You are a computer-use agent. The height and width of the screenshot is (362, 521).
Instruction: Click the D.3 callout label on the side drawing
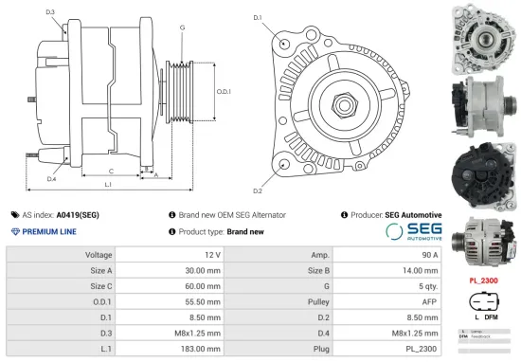[49, 11]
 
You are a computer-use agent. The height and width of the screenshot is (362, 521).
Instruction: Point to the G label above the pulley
[182, 27]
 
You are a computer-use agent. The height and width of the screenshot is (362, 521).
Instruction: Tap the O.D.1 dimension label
[225, 91]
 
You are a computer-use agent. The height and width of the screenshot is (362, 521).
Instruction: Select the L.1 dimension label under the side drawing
[108, 183]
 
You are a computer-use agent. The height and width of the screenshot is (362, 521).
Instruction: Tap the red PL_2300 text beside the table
[484, 281]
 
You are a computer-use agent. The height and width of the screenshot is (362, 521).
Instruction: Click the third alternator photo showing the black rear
[482, 171]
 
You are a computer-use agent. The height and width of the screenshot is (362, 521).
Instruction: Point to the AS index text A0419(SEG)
[78, 215]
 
